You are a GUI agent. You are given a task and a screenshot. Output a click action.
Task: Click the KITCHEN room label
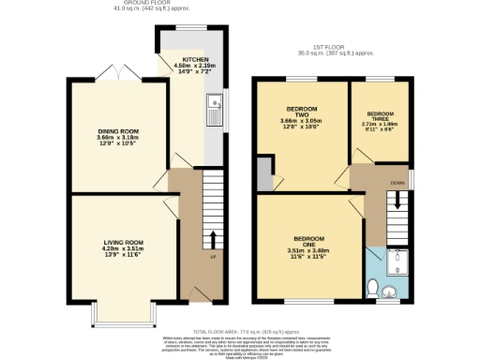(x=196, y=59)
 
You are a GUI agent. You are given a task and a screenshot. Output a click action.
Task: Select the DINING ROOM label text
(x=117, y=132)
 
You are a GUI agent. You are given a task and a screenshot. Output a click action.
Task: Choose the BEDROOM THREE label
(x=381, y=112)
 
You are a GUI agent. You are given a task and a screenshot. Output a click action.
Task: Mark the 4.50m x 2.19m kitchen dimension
(x=196, y=66)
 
